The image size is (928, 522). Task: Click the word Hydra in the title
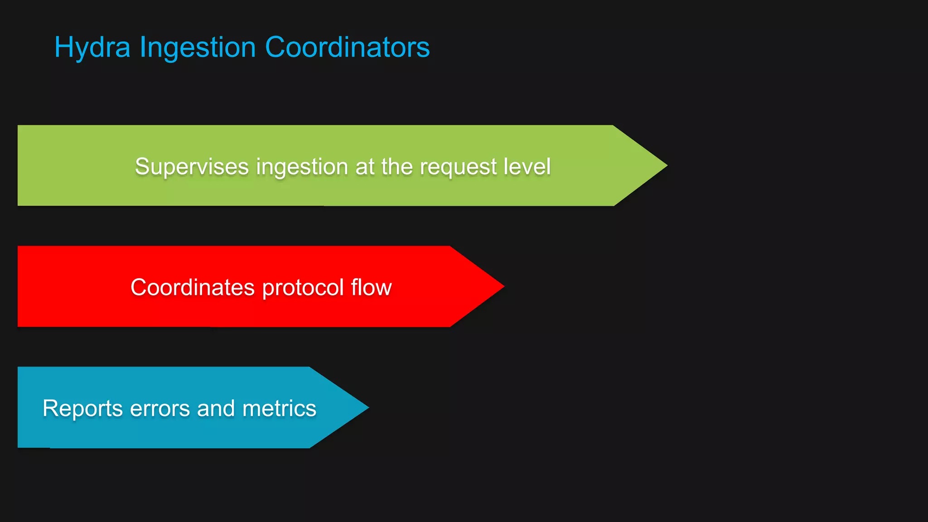coord(92,48)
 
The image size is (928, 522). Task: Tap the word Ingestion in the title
coord(198,48)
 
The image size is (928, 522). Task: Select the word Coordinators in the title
coord(347,47)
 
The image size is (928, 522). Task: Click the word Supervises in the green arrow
coord(192,167)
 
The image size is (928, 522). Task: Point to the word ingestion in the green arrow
coord(302,167)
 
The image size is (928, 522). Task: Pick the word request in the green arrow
coord(458,167)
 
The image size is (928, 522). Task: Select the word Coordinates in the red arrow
coord(193,287)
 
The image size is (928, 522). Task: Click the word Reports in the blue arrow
coord(82,409)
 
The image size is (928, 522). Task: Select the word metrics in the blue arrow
coord(279,408)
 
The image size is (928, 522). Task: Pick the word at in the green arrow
coord(365,167)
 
